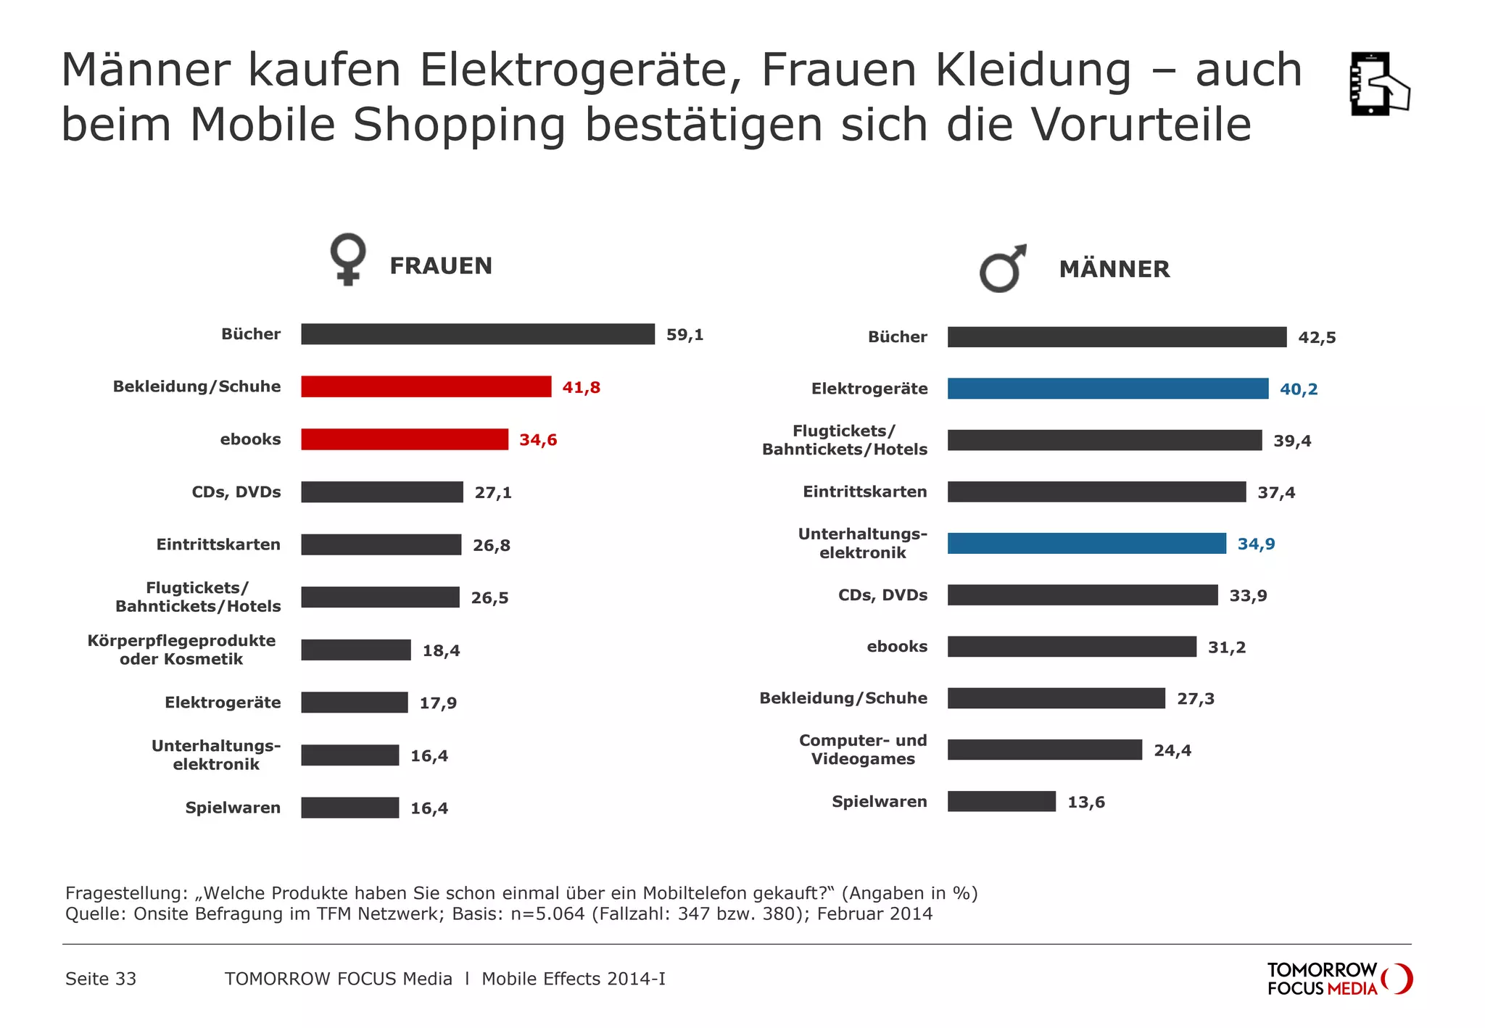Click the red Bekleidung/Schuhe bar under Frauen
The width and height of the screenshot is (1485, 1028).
[426, 386]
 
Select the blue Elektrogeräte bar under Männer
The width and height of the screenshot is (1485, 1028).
[1107, 389]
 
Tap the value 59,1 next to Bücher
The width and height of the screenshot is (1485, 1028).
[684, 335]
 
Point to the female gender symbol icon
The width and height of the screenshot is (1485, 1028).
[348, 259]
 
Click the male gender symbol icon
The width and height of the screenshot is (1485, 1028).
[1003, 268]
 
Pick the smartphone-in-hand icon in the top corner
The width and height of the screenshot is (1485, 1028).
[1378, 84]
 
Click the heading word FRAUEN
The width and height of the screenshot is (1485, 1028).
[441, 266]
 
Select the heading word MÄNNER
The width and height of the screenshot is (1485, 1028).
[1114, 269]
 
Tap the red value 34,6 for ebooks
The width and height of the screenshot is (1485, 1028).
[538, 440]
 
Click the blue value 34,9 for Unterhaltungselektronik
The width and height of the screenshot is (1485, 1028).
[1256, 544]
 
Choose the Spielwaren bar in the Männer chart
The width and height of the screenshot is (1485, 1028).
[1001, 801]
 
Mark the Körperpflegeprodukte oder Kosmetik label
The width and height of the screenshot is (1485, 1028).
[181, 650]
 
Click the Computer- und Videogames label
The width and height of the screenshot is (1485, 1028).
[863, 750]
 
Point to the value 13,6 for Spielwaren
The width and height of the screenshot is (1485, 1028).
[1085, 803]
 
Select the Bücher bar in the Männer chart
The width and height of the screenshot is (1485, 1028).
[1117, 337]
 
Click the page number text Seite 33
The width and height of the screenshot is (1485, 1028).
[101, 979]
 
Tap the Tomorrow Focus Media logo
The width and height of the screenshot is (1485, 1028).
[1339, 979]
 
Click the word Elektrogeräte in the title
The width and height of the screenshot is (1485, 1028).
[580, 70]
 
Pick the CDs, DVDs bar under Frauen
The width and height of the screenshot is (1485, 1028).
[381, 492]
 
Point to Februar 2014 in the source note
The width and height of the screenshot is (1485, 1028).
[874, 913]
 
